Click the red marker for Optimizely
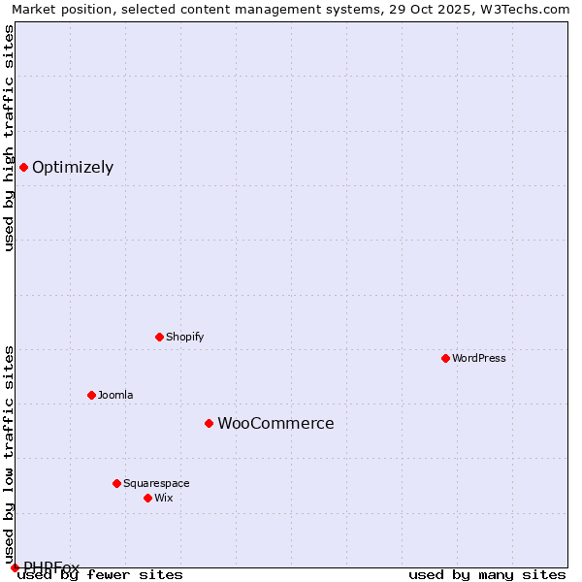coord(23,167)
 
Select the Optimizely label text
coord(73,168)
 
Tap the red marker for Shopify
coord(159,337)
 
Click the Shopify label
coord(184,338)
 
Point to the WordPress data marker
coord(445,358)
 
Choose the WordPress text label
coord(478,359)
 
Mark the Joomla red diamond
coord(91,395)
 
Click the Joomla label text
coord(115,396)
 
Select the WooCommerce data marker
coord(209,423)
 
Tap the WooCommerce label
coord(275,424)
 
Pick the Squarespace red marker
coord(116,483)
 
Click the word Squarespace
coord(156,484)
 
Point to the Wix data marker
coord(147,498)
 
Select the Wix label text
coord(163,499)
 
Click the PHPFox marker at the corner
coord(15,567)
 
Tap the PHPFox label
coord(51,567)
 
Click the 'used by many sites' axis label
coord(487,575)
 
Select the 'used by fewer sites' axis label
coord(100,575)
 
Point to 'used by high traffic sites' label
coord(10,138)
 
